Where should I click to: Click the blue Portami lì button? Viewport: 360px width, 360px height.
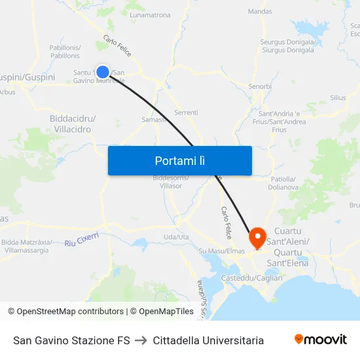coord(179,160)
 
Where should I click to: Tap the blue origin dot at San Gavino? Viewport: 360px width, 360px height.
coord(103,72)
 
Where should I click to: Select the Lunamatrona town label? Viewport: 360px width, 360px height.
coord(150,33)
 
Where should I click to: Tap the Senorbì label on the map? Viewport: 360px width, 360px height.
coord(260,86)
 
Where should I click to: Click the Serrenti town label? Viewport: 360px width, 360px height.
coord(186,113)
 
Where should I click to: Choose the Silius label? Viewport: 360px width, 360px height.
coord(338,98)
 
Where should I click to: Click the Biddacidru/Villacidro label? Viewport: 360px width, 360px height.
coord(73,124)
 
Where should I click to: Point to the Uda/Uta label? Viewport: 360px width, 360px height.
coord(176,237)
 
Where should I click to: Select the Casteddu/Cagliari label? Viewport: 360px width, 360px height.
coord(252,278)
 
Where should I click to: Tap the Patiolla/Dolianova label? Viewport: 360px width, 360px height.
coord(283,183)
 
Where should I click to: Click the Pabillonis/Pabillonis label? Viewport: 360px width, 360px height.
coord(65,51)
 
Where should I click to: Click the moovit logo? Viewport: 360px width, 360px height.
coord(320,339)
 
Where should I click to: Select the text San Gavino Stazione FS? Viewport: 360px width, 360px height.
coord(71,340)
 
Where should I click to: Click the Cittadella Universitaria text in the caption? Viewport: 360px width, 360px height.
coord(208,340)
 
